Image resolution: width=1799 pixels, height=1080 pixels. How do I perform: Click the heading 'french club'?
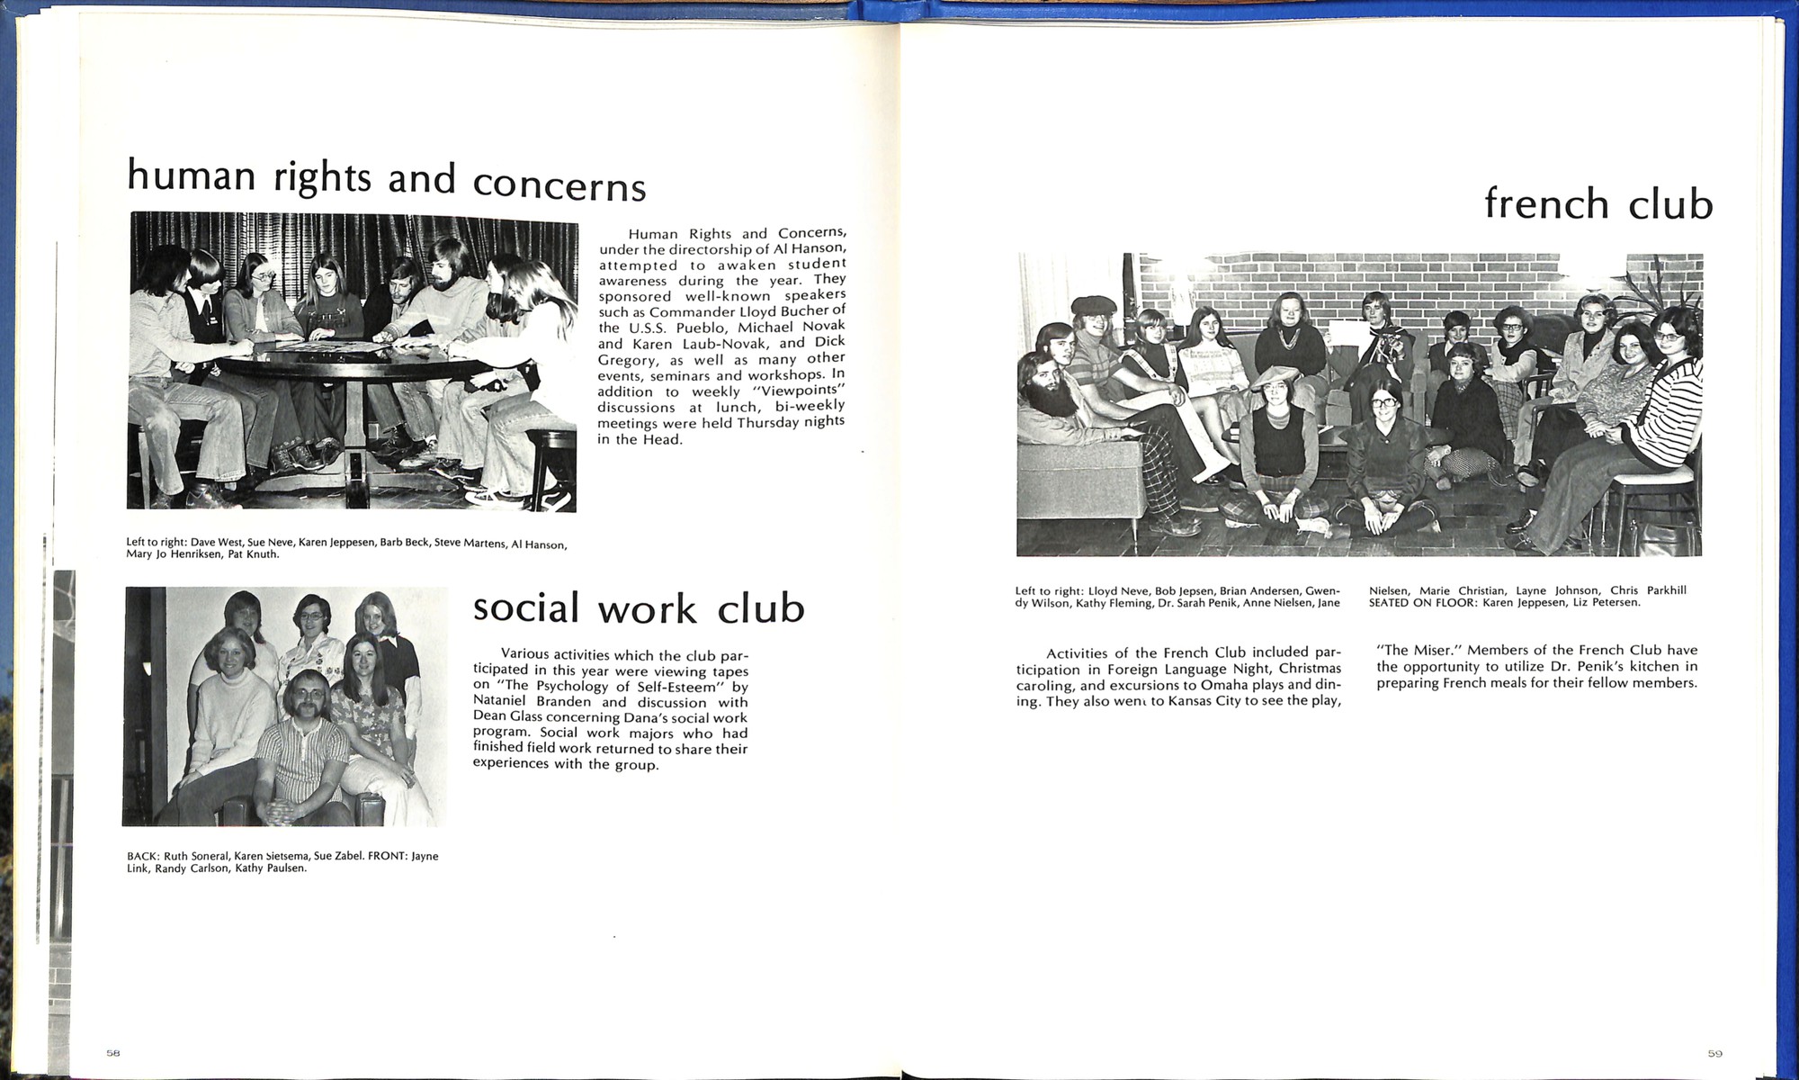pos(1598,203)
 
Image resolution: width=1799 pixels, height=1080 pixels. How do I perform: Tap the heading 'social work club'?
pos(639,608)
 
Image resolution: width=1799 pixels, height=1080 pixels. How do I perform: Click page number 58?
pos(112,1052)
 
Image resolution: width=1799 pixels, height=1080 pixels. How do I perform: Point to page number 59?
pos(1714,1053)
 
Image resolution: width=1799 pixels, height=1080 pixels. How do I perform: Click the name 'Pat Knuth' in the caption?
pos(255,554)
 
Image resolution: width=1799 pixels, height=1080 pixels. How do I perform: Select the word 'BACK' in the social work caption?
pos(142,856)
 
